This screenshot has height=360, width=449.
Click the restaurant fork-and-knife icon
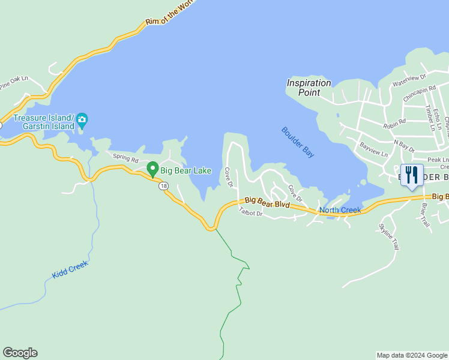(x=411, y=175)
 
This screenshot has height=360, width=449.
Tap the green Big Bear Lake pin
(x=152, y=169)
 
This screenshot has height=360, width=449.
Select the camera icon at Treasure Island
(x=82, y=121)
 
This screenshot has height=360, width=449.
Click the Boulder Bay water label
(x=298, y=142)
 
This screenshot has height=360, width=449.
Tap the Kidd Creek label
(x=70, y=269)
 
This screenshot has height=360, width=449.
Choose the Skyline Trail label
(x=388, y=236)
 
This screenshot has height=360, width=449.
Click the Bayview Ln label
(x=373, y=149)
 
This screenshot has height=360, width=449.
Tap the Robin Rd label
(x=394, y=123)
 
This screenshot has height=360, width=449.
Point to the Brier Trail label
(x=426, y=214)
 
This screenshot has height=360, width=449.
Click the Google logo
(x=20, y=353)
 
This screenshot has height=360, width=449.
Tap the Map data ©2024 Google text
(x=411, y=355)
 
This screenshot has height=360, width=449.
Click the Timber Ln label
(x=429, y=118)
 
